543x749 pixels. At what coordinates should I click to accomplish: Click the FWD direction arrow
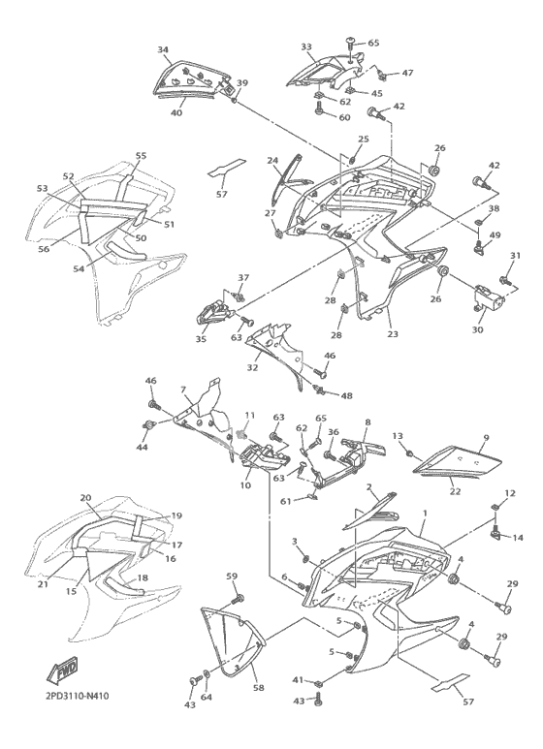pos(62,671)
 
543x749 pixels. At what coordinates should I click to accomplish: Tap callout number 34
pos(163,49)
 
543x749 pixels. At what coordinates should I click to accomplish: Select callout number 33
pos(306,47)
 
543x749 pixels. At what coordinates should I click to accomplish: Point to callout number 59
pos(232,577)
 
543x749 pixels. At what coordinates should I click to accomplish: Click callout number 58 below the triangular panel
pos(260,688)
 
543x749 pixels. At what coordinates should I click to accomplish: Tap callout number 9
pos(486,438)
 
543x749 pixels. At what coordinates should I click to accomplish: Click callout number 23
pos(393,334)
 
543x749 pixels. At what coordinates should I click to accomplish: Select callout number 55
pos(141,156)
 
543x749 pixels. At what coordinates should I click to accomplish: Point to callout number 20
pos(85,498)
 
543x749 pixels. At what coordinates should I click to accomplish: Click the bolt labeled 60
pos(319,110)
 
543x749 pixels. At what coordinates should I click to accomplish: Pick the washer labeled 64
pos(206,674)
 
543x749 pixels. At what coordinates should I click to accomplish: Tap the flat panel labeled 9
pos(458,461)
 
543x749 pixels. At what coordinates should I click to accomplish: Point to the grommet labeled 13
pos(410,453)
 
